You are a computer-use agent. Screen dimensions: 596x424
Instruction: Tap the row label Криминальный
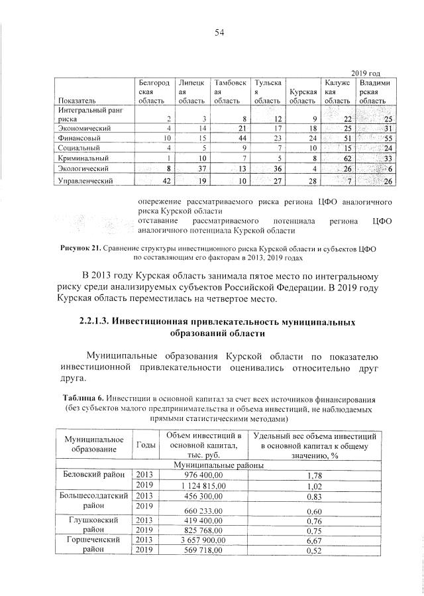[82, 158]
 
